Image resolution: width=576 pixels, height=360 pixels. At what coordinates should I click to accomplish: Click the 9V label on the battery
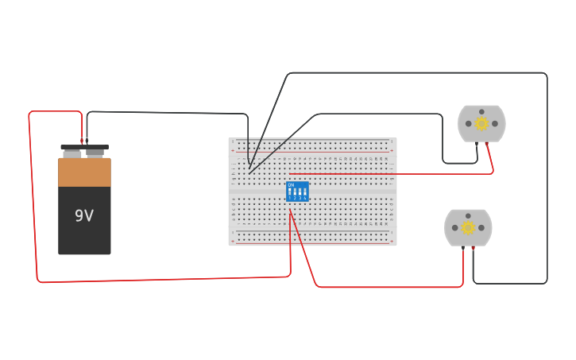tap(84, 215)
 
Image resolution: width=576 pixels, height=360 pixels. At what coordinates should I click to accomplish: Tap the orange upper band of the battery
tap(84, 172)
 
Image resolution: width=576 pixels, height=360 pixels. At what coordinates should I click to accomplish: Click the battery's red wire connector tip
tap(81, 140)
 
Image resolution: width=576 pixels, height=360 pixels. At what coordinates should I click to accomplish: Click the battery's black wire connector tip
tap(87, 140)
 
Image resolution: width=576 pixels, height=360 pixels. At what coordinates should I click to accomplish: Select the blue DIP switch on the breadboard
tap(297, 192)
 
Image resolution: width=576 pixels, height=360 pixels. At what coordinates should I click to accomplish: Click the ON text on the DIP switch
tap(291, 185)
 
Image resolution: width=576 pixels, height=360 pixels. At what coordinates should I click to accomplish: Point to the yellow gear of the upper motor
tap(481, 123)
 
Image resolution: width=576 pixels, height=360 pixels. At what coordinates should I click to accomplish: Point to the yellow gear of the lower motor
tap(468, 227)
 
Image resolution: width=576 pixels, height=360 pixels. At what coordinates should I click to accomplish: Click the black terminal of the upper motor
tap(477, 144)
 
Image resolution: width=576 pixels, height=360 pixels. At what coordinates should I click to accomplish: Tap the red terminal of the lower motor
tap(463, 248)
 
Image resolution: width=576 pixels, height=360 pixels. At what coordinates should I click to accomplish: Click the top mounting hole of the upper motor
tap(481, 111)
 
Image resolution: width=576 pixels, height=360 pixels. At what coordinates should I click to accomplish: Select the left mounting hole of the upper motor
tap(469, 123)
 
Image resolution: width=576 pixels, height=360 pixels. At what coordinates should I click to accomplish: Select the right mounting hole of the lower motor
tap(481, 227)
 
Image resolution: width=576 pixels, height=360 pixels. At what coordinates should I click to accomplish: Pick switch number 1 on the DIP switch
tap(291, 192)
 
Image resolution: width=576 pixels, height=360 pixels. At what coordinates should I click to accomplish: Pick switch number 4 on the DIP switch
tap(304, 192)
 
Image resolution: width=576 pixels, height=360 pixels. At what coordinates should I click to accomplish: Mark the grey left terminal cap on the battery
tap(72, 153)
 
